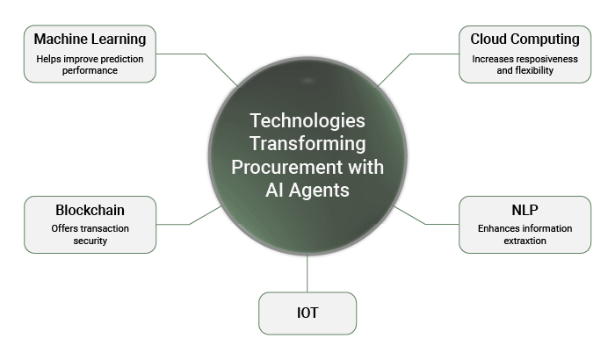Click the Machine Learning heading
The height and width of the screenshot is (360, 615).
[90, 40]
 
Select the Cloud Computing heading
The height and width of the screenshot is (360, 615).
[525, 40]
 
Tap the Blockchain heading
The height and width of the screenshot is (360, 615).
[90, 210]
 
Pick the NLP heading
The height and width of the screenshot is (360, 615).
[525, 210]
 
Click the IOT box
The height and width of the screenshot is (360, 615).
[307, 313]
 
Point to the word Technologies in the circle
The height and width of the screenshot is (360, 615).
[307, 121]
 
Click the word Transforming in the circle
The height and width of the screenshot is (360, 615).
[307, 144]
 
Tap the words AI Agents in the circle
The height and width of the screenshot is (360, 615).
[307, 191]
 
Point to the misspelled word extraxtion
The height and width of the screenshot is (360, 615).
[525, 241]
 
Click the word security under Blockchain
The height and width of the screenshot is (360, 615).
[90, 241]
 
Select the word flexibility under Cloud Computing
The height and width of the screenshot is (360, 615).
[534, 70]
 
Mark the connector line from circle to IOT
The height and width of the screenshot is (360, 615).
[307, 273]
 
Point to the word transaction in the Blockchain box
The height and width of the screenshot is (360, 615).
[105, 228]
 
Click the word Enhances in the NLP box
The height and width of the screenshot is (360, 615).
[494, 228]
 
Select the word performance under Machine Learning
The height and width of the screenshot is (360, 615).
[90, 70]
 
